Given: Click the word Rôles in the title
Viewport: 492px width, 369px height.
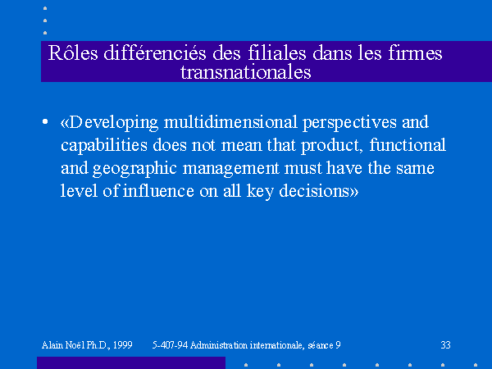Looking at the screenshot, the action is point(73,52).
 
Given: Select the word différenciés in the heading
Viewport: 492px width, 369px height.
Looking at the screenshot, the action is point(155,52).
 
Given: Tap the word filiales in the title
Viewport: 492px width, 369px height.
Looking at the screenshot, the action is point(277,52).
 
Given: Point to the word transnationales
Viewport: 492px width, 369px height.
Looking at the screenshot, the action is point(246,72).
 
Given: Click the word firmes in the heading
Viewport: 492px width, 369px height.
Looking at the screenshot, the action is point(415,52).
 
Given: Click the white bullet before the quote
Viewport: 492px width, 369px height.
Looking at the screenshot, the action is point(45,121).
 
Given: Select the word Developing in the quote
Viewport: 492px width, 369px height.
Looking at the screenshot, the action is point(113,123).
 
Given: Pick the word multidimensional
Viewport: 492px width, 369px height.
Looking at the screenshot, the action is point(230,122).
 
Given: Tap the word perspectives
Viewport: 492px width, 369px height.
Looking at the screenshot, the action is point(350,123).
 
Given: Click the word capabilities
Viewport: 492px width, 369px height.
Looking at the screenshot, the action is point(104,146).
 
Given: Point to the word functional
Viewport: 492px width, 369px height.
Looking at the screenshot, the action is point(408,145).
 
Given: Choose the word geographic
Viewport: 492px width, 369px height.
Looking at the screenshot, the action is point(134,168).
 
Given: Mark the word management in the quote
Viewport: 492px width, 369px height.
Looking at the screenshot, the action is point(230,168).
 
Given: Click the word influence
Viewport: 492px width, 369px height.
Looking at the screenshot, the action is point(158,191).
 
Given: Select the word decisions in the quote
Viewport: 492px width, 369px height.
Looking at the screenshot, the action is point(314,191).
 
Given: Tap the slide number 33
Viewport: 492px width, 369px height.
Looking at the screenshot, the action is point(445,345).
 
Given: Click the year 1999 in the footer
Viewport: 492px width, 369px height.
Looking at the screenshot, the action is point(123,345).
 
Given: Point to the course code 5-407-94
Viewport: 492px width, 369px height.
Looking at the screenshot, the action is point(170,345).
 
